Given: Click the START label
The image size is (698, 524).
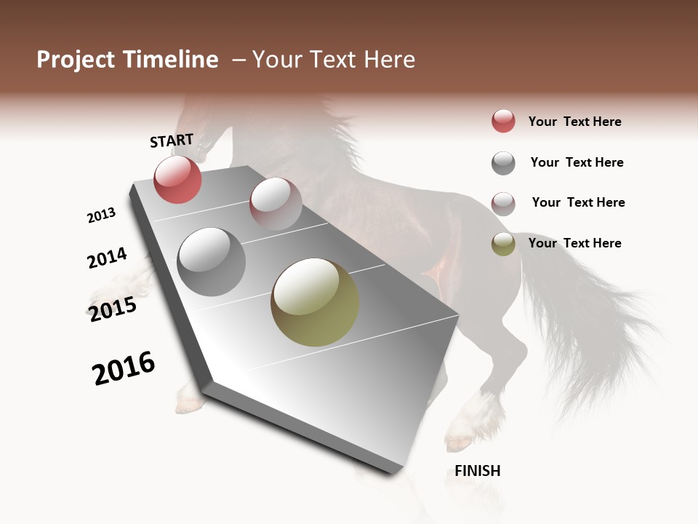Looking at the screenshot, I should (172, 140).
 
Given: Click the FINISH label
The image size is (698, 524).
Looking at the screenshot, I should (478, 471).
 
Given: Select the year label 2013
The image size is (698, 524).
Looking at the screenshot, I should (101, 215).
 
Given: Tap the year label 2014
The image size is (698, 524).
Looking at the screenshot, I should (107, 258).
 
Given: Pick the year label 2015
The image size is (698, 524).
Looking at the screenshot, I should (113, 309).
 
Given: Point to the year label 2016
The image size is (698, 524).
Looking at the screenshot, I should (124, 368).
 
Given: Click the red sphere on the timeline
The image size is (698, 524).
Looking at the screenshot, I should (177, 179).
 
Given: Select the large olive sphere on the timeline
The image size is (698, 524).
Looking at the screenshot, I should (315, 302).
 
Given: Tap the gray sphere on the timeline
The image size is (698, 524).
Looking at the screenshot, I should (212, 262).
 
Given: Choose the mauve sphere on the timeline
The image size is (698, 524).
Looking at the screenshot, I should (276, 203).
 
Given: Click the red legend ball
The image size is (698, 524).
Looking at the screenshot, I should (503, 121).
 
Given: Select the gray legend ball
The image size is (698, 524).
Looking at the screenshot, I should (503, 163).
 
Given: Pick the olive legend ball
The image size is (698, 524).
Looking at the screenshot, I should (503, 244).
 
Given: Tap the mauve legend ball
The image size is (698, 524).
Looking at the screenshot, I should (503, 203).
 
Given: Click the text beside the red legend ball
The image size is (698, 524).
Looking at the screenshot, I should (574, 122).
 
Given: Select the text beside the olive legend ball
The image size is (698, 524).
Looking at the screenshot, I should (574, 243).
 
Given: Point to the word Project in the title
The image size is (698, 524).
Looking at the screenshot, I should (76, 60).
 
